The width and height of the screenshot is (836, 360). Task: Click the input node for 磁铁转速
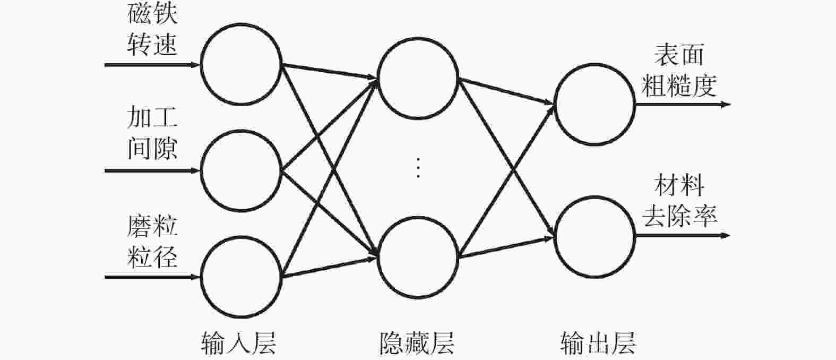(x=201, y=64)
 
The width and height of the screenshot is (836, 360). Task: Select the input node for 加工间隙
(x=201, y=170)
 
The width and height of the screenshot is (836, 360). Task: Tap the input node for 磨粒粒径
(x=201, y=277)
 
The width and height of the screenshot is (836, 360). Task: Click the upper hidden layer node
(x=377, y=78)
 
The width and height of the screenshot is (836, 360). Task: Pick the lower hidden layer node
(x=377, y=258)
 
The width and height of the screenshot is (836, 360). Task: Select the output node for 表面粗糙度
(x=554, y=104)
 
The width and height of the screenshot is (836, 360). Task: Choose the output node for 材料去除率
(x=554, y=237)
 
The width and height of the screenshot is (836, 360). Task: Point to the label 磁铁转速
(x=152, y=29)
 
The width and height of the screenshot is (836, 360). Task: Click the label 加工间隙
(x=152, y=133)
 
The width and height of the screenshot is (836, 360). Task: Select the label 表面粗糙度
(x=679, y=70)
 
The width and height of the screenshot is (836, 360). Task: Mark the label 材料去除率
(x=679, y=201)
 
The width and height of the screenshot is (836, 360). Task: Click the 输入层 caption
(x=239, y=343)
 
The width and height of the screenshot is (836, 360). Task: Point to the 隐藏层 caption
(x=417, y=343)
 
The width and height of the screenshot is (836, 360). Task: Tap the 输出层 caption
(x=598, y=343)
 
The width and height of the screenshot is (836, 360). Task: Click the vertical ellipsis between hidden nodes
(x=418, y=168)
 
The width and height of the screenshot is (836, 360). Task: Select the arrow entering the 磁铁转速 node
(x=152, y=65)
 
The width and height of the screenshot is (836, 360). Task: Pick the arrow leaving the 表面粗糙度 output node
(x=683, y=105)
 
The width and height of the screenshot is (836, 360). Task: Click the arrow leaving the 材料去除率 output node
(x=683, y=236)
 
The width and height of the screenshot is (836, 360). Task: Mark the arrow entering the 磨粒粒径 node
(x=152, y=277)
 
